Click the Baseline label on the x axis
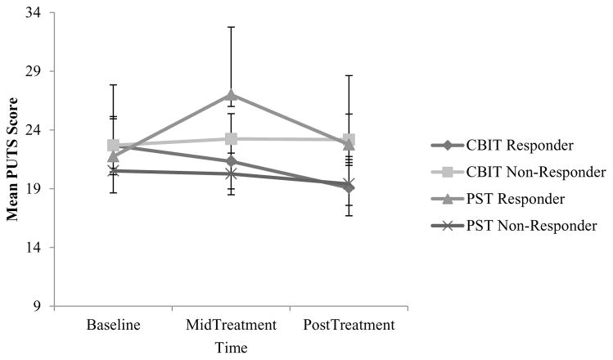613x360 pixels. [114, 325]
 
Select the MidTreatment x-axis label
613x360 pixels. [231, 325]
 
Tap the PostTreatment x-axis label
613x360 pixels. [349, 325]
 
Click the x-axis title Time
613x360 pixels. [231, 347]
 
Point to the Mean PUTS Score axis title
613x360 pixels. [14, 159]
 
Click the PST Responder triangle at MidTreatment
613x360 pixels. [231, 95]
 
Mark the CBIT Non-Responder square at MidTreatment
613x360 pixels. [231, 139]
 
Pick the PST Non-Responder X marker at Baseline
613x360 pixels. [114, 170]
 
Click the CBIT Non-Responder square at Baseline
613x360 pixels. [114, 145]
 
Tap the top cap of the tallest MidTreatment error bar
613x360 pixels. [231, 27]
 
